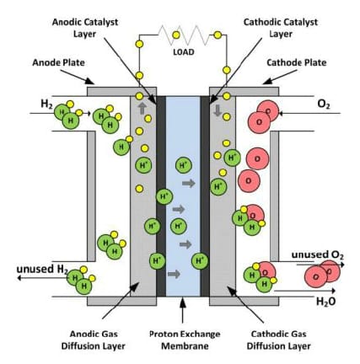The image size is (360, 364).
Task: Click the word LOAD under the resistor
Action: click(x=184, y=52)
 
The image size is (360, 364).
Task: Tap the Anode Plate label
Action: click(x=58, y=62)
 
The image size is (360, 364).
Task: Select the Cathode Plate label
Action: click(x=297, y=62)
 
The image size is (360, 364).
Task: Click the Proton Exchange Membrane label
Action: click(x=185, y=340)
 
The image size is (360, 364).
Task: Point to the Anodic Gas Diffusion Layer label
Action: click(x=94, y=340)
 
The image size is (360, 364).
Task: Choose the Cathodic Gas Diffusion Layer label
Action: click(x=279, y=340)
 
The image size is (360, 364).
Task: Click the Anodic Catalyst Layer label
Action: click(x=85, y=28)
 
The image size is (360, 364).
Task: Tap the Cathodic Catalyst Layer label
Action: click(x=281, y=28)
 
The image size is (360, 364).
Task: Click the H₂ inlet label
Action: click(x=46, y=104)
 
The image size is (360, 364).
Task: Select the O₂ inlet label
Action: click(x=324, y=104)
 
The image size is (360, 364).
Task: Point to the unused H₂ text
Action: click(x=42, y=270)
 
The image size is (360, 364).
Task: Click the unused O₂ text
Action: click(x=318, y=255)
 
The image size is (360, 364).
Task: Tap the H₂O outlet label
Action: click(x=326, y=302)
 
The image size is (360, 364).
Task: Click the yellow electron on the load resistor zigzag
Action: click(x=176, y=35)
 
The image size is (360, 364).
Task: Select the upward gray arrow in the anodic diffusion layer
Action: click(x=142, y=109)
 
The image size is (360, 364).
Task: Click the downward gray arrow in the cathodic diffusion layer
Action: click(x=218, y=110)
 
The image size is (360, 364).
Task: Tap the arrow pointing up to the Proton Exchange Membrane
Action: click(x=183, y=311)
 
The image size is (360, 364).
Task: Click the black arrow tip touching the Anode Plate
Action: click(x=94, y=83)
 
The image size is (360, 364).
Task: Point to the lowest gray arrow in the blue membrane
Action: click(x=174, y=274)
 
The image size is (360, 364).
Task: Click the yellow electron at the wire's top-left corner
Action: click(x=139, y=44)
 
